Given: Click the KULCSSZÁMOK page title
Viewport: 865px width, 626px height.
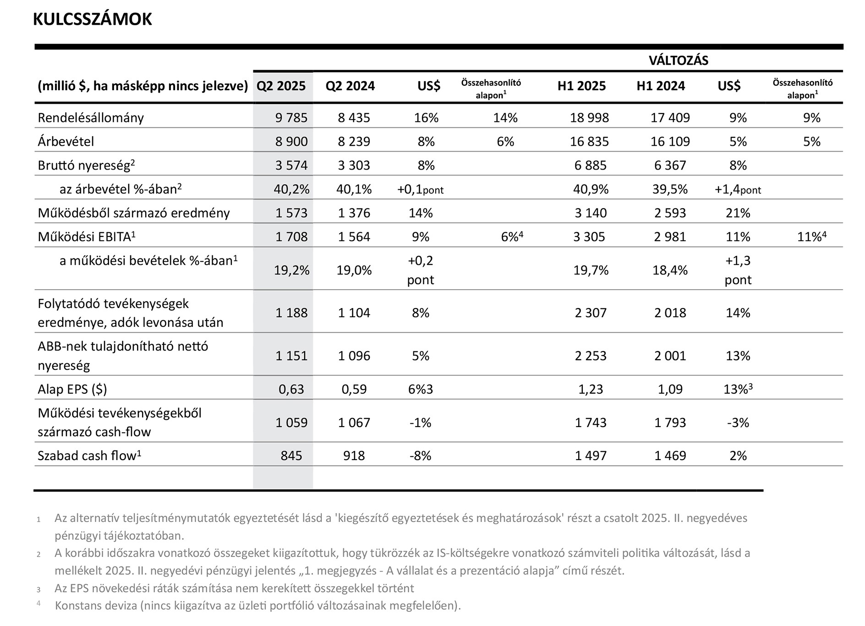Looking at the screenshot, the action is click(93, 19).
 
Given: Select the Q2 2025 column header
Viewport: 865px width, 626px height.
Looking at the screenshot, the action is click(281, 86).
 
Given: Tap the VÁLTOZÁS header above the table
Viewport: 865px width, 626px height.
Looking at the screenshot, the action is click(678, 60).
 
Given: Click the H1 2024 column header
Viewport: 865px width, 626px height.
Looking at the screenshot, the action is click(661, 86).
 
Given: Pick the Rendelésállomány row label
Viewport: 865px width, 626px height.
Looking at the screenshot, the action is click(91, 118).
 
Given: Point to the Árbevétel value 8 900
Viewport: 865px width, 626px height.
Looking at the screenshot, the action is click(291, 142).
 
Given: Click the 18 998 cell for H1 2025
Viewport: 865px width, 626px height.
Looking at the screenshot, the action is click(589, 118).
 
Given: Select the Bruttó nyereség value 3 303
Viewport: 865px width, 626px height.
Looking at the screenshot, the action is click(354, 165).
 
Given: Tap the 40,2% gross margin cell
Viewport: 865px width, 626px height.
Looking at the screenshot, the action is click(291, 189).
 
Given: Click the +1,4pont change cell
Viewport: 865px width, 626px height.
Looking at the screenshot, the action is click(738, 189).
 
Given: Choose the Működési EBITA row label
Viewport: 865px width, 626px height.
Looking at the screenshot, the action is click(87, 236).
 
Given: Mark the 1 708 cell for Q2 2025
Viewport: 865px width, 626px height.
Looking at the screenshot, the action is click(291, 237).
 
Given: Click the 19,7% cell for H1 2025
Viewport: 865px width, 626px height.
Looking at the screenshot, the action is click(591, 270).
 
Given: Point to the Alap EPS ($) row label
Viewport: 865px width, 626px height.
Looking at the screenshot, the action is click(72, 389).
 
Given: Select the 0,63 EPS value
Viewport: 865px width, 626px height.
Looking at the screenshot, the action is click(291, 389).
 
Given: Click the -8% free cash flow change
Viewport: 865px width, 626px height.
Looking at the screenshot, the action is click(420, 456).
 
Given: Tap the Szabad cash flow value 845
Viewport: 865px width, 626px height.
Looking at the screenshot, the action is click(291, 456).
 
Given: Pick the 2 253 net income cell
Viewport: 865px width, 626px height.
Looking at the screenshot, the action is click(591, 356).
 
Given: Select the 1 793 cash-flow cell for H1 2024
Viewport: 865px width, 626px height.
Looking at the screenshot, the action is click(670, 423).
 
